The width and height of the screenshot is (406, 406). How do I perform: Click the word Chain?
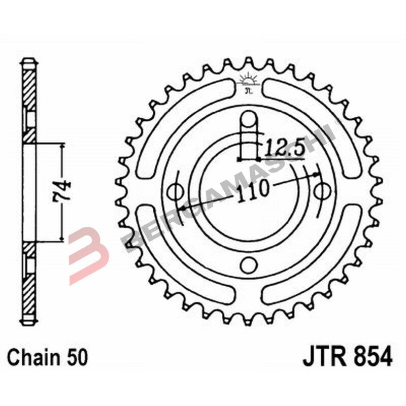pos(36,357)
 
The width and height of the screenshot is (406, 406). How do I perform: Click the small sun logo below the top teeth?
pos(248,81)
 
